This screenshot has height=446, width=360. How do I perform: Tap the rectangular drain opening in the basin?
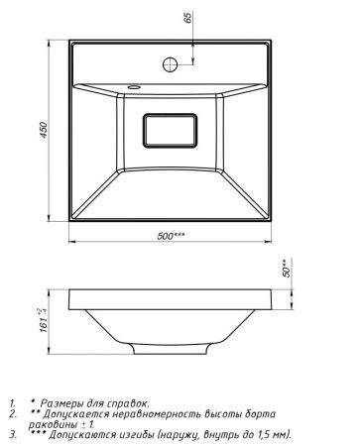(172, 132)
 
